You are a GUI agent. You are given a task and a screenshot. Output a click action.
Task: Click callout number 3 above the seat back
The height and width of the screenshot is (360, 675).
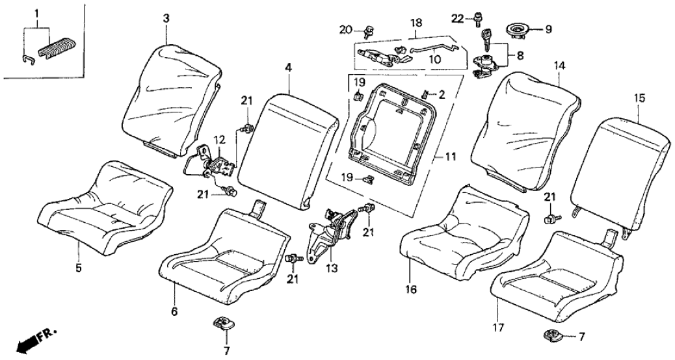coord(166,19)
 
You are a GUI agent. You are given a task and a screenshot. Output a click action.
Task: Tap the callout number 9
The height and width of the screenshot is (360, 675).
coord(548,29)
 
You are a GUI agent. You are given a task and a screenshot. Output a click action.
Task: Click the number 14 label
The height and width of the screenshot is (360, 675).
coord(559,64)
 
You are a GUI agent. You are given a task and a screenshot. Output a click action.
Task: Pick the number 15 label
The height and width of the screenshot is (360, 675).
coord(639,97)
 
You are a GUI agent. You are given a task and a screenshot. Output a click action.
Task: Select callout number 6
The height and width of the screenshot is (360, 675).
coord(174,312)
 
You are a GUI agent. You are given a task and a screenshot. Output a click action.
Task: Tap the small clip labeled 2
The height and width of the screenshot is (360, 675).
coord(426,94)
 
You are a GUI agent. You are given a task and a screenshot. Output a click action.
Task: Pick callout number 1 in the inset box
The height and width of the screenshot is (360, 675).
coord(36,13)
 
